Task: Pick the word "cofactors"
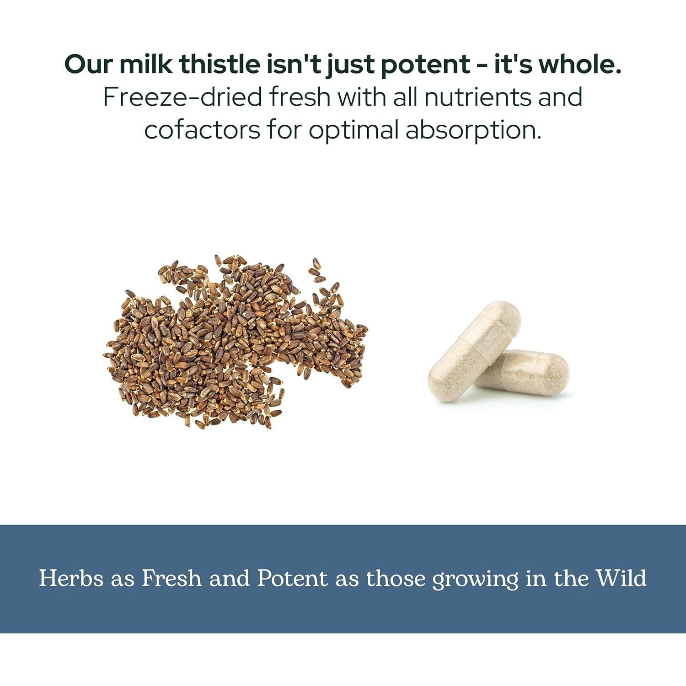[202, 129]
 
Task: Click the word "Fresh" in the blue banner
[171, 578]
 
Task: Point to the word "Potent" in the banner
[292, 578]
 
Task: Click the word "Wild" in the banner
[621, 578]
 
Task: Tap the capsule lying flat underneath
[531, 372]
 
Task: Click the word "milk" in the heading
[146, 64]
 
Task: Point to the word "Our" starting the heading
[89, 64]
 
